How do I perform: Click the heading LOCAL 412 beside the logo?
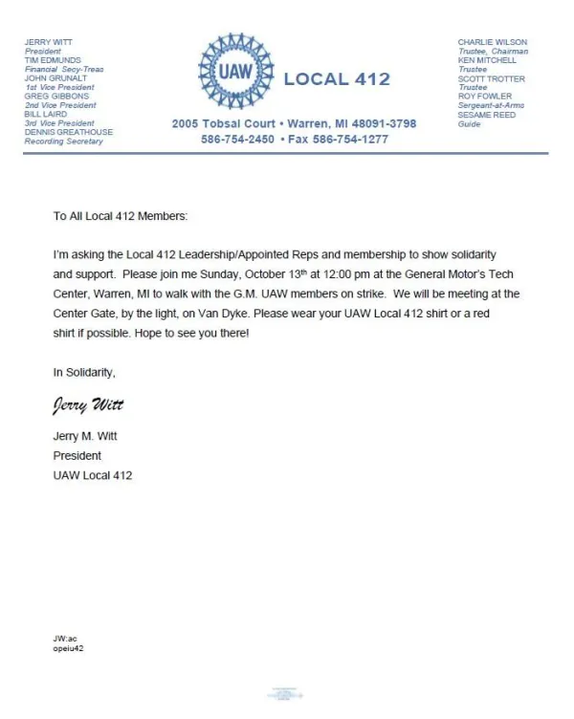(x=337, y=79)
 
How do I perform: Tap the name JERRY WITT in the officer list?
(x=48, y=42)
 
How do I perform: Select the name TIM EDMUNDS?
(x=53, y=60)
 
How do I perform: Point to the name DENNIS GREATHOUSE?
(x=68, y=132)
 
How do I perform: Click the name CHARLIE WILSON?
(x=492, y=42)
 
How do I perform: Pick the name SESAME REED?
(x=486, y=115)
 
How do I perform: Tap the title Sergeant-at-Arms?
(x=491, y=105)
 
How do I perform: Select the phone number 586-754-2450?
(x=237, y=139)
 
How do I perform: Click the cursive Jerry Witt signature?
(x=88, y=405)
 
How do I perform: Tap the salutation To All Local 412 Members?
(x=121, y=216)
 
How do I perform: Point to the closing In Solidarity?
(x=84, y=372)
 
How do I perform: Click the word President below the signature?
(x=77, y=456)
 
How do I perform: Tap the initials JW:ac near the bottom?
(x=64, y=638)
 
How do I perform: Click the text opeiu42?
(x=69, y=647)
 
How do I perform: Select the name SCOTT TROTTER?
(x=492, y=78)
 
